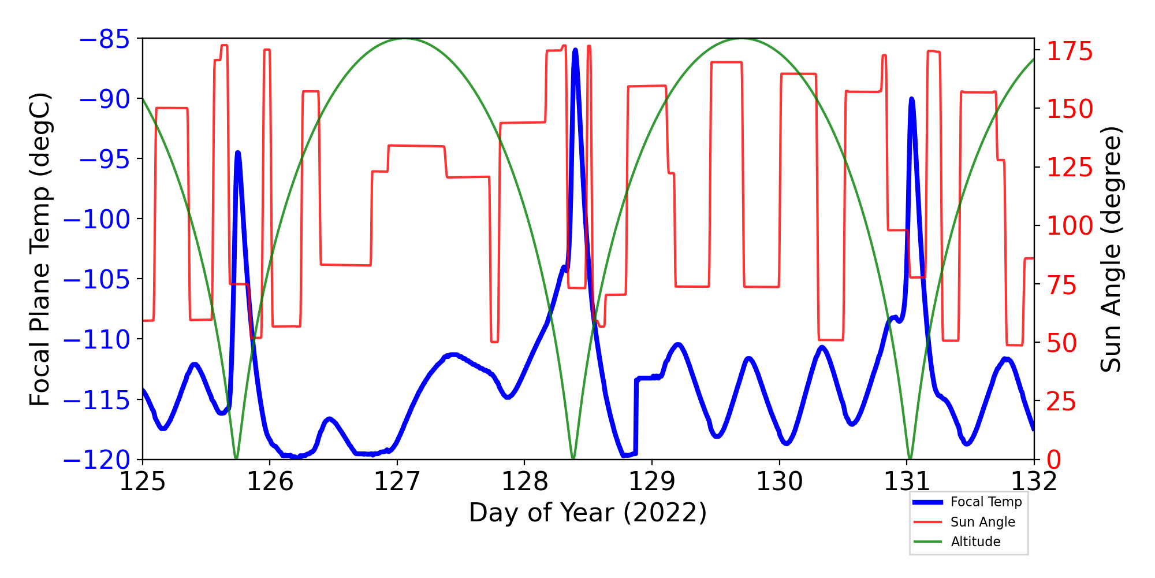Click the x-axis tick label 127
(x=397, y=481)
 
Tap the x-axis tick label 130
(x=780, y=481)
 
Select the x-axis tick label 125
(x=142, y=481)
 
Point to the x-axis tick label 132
(x=1034, y=481)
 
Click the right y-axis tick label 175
(x=1070, y=51)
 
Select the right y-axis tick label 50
(x=1062, y=343)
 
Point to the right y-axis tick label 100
(x=1070, y=226)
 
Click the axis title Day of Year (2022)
(x=588, y=513)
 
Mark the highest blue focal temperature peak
(x=575, y=50)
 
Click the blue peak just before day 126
(x=237, y=153)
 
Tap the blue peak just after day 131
(x=912, y=99)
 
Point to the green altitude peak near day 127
(x=404, y=39)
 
